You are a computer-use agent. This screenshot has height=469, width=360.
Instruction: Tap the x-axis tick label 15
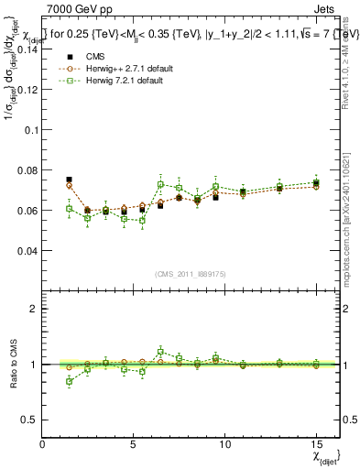pyautogui.click(x=315, y=443)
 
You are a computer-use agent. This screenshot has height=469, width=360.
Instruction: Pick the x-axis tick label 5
pyautogui.click(x=134, y=443)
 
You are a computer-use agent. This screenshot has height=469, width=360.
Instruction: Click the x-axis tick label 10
pyautogui.click(x=224, y=443)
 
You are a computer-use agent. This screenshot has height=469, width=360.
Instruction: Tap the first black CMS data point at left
pyautogui.click(x=69, y=180)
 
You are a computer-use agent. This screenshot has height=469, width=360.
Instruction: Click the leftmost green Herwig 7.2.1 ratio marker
pyautogui.click(x=70, y=381)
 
